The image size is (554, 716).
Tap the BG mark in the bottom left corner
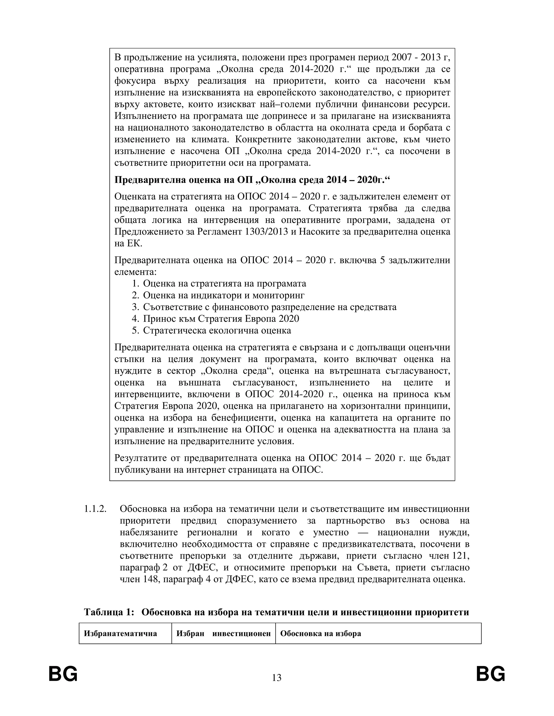(63, 674)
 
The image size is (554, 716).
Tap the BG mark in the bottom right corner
(491, 674)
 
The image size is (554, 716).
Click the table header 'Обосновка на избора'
(320, 633)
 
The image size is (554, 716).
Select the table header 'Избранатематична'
(120, 633)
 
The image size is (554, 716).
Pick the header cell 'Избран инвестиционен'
(223, 633)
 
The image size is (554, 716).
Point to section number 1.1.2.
(95, 509)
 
